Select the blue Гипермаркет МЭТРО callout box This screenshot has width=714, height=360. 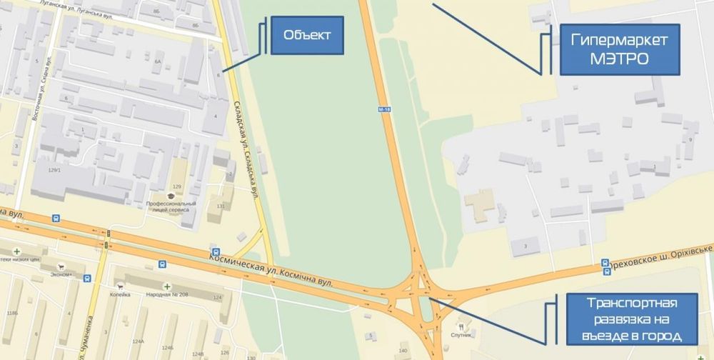point(619,50)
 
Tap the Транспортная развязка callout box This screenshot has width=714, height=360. point(622,318)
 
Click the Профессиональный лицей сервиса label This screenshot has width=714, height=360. point(171,207)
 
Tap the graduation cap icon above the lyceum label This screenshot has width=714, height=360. point(171,195)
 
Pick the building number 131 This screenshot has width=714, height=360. point(220,207)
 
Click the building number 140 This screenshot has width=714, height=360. point(403,351)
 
